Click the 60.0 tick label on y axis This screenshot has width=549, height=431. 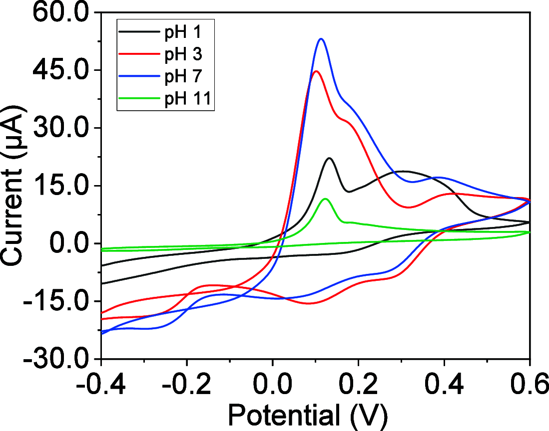pyautogui.click(x=60, y=12)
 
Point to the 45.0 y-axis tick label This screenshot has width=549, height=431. pyautogui.click(x=60, y=70)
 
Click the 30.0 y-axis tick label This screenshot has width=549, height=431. pyautogui.click(x=60, y=128)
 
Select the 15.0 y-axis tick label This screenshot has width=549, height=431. pyautogui.click(x=60, y=186)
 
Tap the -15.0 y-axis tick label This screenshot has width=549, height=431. pyautogui.click(x=55, y=301)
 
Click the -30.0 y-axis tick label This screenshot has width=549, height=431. pyautogui.click(x=55, y=359)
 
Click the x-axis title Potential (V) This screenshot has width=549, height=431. pyautogui.click(x=307, y=414)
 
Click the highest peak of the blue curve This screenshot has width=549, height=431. pyautogui.click(x=321, y=39)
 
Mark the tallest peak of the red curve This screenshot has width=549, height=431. pyautogui.click(x=315, y=71)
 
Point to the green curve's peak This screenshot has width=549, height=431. pyautogui.click(x=326, y=199)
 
